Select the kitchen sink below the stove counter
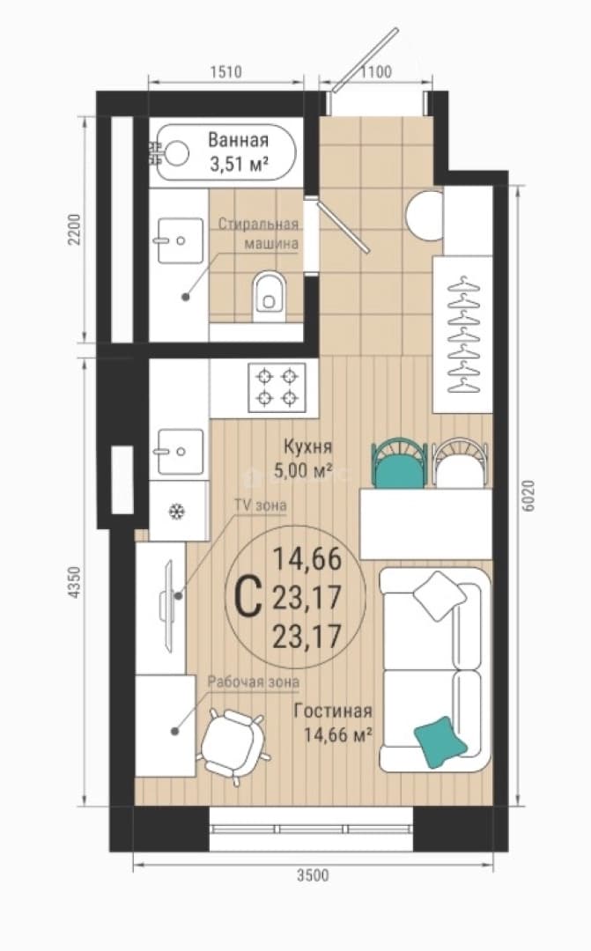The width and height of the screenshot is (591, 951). (x=181, y=451)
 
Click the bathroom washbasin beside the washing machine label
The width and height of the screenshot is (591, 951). (x=181, y=240)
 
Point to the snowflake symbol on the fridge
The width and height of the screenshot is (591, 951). (x=176, y=512)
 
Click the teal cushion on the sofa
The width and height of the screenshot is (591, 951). (x=441, y=741)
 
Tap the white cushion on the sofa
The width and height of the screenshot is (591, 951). (x=440, y=595)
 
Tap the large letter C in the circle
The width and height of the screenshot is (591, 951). (x=247, y=596)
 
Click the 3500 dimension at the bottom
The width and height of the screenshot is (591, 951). (x=313, y=875)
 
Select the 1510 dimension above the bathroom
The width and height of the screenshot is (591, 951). (x=225, y=71)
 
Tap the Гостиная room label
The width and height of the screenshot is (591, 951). (x=333, y=711)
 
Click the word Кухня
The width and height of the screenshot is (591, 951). (x=308, y=447)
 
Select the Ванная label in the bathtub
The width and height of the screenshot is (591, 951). (x=238, y=140)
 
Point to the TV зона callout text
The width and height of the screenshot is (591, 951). (x=261, y=505)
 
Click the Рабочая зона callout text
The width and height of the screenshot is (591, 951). (x=254, y=681)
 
